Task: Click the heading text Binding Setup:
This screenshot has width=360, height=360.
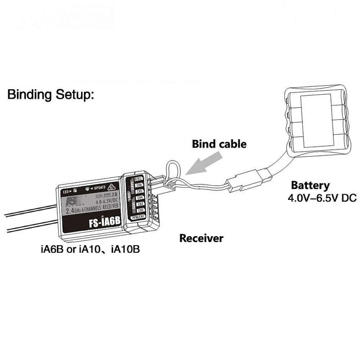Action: pyautogui.click(x=50, y=95)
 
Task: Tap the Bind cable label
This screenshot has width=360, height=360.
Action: pyautogui.click(x=219, y=144)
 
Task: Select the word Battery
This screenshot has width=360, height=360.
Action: pyautogui.click(x=310, y=186)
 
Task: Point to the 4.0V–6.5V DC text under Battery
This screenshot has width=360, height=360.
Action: pyautogui.click(x=321, y=198)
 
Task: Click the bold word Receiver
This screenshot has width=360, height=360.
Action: pyautogui.click(x=201, y=238)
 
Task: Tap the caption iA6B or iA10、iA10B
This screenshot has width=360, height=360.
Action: pyautogui.click(x=90, y=249)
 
